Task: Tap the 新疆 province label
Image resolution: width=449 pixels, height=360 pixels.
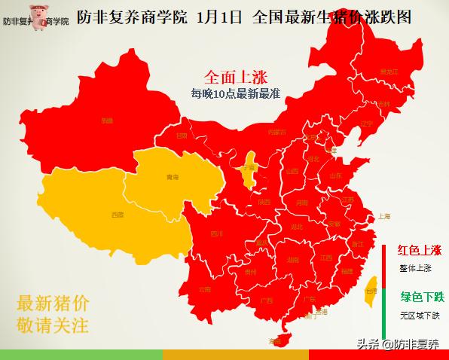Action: tap(108, 119)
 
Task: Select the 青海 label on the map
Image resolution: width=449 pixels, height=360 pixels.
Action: tap(173, 178)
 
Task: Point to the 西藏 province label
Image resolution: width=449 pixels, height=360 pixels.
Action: tap(118, 215)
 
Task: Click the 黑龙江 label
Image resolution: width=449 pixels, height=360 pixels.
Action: tap(389, 72)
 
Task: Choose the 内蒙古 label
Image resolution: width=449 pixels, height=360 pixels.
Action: tap(278, 132)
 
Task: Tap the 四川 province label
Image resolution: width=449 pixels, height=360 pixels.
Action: tap(217, 233)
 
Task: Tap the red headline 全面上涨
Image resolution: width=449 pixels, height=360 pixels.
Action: tap(236, 77)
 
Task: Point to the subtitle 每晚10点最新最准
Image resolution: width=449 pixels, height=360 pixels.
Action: tap(236, 93)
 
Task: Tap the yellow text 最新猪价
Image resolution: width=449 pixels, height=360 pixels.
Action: tap(52, 304)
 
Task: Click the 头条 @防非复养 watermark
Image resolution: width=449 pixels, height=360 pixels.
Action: tap(399, 344)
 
